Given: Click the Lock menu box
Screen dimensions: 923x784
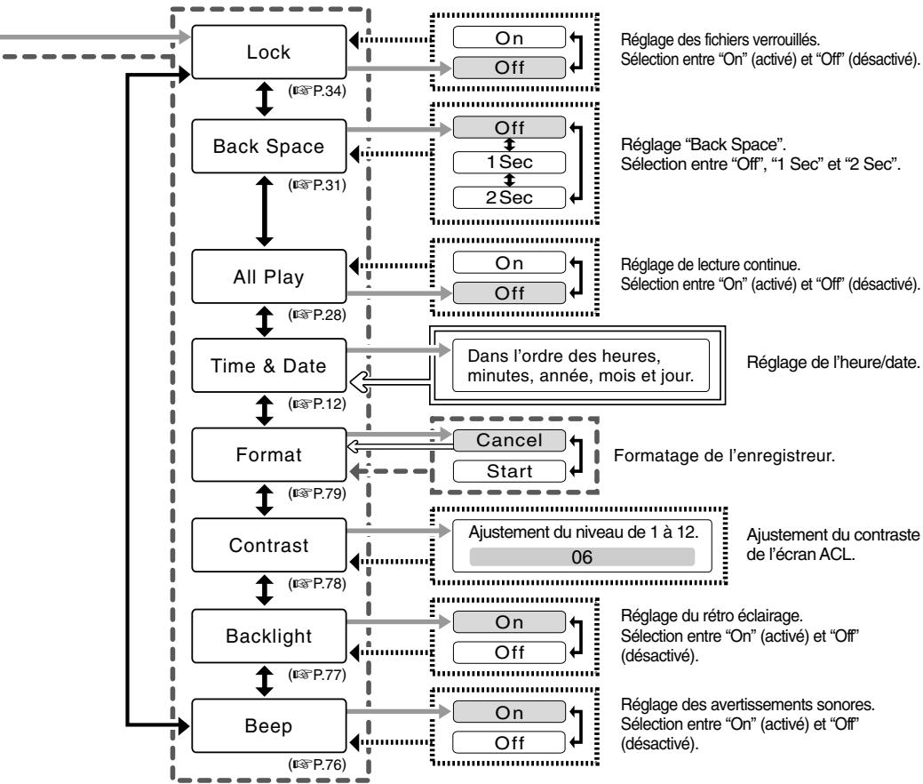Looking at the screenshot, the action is tap(269, 52).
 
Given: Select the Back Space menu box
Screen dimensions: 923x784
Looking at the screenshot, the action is tap(269, 146).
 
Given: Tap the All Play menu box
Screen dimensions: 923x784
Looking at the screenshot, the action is tap(269, 276).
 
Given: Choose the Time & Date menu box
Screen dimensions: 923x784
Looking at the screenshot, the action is tap(269, 365).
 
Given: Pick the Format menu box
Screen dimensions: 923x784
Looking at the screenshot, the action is tap(269, 455).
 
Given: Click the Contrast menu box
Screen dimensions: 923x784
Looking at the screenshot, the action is tap(269, 545).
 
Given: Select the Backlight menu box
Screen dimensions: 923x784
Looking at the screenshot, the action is tap(269, 636).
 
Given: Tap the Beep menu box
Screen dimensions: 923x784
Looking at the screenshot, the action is tap(269, 725).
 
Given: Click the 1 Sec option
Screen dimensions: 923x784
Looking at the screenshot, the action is tap(509, 162).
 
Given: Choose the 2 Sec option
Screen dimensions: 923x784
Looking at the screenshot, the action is tap(509, 197).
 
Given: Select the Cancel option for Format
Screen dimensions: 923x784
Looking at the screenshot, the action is tap(509, 440).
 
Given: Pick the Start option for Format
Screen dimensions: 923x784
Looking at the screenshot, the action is tap(509, 471).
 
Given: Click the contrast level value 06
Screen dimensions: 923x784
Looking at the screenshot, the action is tap(582, 557).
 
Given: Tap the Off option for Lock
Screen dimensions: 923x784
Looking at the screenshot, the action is tap(509, 68).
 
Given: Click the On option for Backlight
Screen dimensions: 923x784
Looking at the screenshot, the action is tap(509, 622).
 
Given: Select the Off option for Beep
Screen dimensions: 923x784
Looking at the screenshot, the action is tap(509, 743).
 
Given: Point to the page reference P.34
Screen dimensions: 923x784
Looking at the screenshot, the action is tap(317, 91).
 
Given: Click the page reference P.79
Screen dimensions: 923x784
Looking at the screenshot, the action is tap(317, 493).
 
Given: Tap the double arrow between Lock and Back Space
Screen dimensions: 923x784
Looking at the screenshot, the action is tap(265, 99).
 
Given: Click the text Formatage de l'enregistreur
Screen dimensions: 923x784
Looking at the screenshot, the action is tap(724, 455).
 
